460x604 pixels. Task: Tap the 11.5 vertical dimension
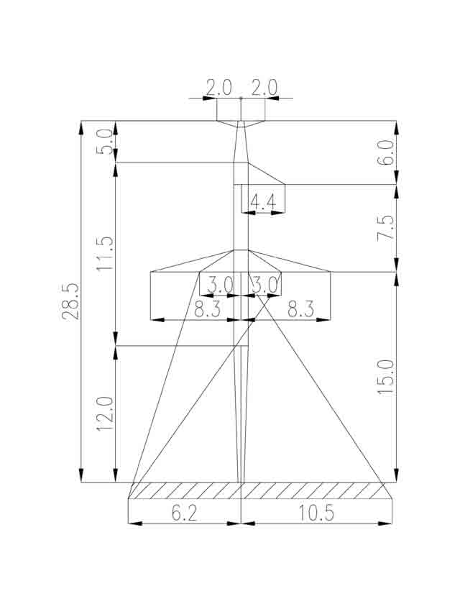click(105, 253)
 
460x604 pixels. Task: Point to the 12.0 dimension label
click(105, 413)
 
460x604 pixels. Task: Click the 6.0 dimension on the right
click(386, 152)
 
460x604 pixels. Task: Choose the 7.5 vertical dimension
click(386, 228)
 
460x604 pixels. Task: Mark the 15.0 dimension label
click(386, 377)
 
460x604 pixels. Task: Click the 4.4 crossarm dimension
click(263, 202)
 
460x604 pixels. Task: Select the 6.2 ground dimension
click(184, 513)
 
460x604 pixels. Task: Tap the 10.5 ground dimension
click(316, 513)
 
